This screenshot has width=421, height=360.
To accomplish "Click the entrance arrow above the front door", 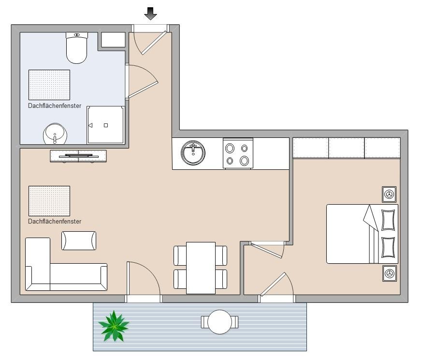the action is [x=150, y=14].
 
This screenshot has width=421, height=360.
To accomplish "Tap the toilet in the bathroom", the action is [x=77, y=48].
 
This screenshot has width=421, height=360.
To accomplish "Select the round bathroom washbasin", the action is [x=55, y=134].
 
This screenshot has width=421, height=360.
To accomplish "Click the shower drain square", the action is [x=106, y=125].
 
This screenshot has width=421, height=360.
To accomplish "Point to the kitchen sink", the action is [x=193, y=152].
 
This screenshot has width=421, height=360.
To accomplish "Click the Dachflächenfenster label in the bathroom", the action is [x=55, y=105].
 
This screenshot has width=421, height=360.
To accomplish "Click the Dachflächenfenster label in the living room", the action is [x=55, y=221].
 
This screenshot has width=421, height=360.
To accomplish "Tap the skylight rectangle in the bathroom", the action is [x=49, y=85].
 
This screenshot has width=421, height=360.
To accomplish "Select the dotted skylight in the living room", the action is [x=49, y=201].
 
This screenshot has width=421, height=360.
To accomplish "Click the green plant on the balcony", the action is [x=114, y=326].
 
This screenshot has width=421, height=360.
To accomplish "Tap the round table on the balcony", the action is [x=219, y=322].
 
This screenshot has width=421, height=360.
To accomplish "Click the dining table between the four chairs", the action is [x=201, y=268].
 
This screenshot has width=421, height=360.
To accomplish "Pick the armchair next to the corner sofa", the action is [x=79, y=240].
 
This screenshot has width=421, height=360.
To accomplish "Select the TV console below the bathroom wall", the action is [x=78, y=156].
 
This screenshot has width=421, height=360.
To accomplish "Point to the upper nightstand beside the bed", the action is [x=389, y=194].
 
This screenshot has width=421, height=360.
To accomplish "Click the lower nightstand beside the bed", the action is [x=389, y=273].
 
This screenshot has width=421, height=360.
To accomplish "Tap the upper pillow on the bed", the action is [x=388, y=220].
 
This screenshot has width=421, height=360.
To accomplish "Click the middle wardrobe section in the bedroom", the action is [x=347, y=148].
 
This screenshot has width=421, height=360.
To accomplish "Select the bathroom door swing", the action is [x=142, y=81].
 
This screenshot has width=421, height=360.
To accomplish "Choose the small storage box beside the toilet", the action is [x=113, y=40].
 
